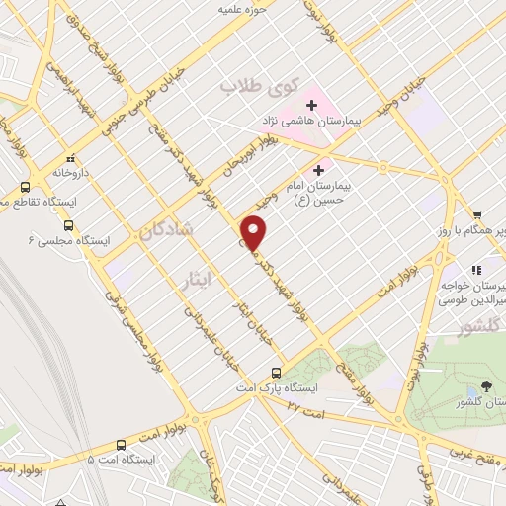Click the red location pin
255,233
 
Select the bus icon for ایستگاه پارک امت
276,373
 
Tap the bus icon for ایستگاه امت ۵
120,445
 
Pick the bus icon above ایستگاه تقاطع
25,186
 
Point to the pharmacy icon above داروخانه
69,159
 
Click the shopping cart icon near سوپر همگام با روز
476,214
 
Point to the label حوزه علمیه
243,10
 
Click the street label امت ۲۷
292,405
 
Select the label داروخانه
72,172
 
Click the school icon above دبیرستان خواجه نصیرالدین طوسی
475,269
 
